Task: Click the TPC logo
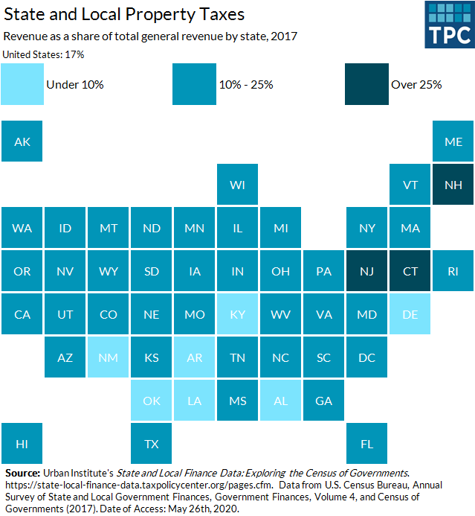(449, 25)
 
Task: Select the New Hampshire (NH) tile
(453, 185)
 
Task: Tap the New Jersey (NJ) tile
(367, 271)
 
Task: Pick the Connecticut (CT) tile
(410, 271)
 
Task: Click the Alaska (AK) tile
(22, 141)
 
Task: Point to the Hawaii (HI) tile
(22, 444)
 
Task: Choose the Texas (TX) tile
(152, 444)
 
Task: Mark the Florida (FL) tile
(367, 444)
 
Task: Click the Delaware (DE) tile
(410, 314)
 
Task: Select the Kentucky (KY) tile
(238, 314)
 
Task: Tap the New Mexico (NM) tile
(109, 357)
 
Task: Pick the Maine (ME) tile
(453, 141)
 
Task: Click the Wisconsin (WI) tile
(238, 185)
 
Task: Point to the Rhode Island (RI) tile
(453, 271)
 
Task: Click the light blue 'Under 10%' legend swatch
(22, 84)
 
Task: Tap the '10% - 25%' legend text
(247, 85)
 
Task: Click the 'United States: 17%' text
(44, 54)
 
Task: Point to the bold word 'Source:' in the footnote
(22, 473)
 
